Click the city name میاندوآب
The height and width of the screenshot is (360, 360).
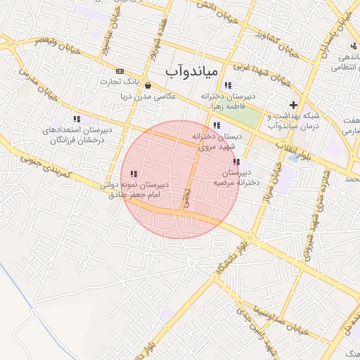coord(193,71)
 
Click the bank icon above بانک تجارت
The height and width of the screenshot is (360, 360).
coord(119,71)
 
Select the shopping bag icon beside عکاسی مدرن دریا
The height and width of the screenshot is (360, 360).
coord(146,86)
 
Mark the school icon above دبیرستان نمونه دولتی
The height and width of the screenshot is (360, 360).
coord(134,174)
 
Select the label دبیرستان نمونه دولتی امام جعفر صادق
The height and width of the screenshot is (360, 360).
coord(148,190)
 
